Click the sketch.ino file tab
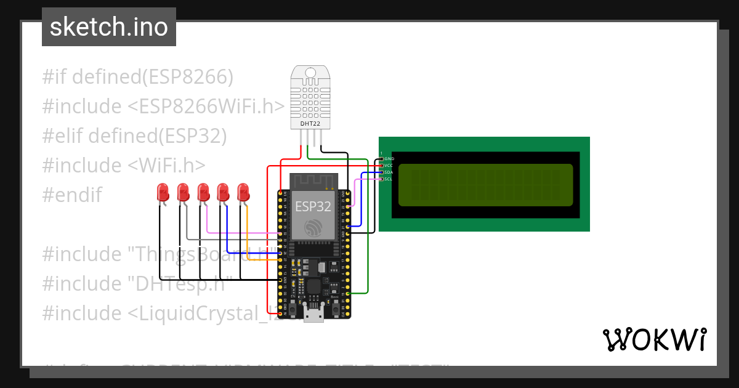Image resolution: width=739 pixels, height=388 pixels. (x=108, y=27)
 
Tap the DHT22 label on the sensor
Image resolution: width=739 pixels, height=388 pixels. (x=310, y=124)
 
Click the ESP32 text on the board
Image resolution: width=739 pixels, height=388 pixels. (x=313, y=206)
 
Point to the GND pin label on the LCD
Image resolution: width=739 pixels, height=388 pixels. (x=389, y=159)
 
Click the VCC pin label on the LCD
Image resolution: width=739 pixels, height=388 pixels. (x=389, y=166)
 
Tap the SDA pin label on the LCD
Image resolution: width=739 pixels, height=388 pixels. (x=389, y=172)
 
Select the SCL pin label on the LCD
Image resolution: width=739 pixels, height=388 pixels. (x=389, y=179)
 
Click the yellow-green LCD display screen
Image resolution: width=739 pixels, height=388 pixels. (x=485, y=185)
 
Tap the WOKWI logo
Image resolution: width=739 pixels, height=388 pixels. (x=654, y=339)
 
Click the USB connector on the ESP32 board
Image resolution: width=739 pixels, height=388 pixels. (x=313, y=313)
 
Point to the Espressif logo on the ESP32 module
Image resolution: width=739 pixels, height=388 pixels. (x=313, y=227)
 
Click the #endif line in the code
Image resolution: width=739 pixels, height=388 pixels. (x=71, y=195)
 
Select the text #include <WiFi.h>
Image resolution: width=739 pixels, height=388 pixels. (x=123, y=165)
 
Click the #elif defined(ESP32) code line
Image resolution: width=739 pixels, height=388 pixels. (x=134, y=135)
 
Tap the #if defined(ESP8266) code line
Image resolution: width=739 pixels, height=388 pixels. (x=137, y=77)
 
